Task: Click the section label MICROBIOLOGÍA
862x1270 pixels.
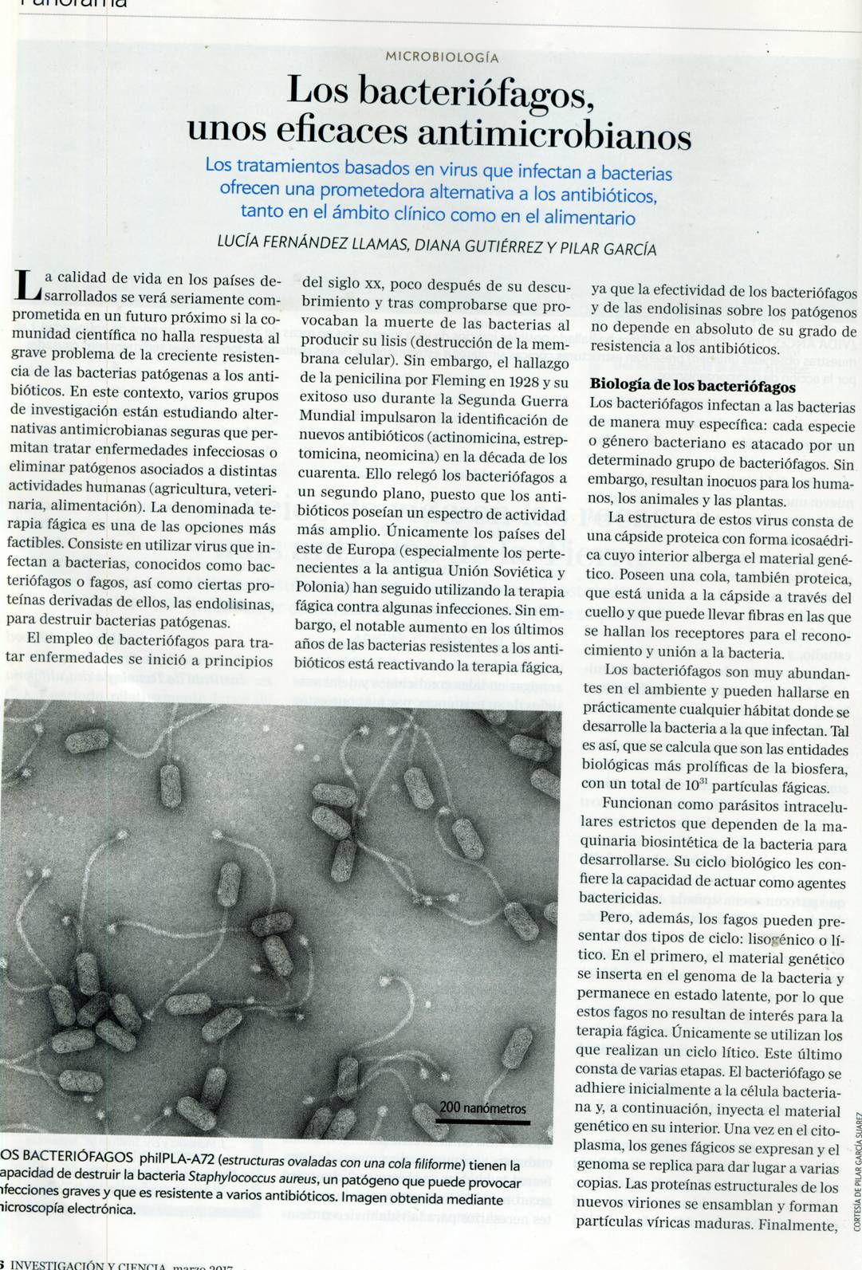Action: (441, 57)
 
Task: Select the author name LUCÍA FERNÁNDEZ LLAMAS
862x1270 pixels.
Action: (313, 242)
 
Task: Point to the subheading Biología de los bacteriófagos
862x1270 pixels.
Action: (692, 386)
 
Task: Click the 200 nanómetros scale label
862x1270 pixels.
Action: (482, 1108)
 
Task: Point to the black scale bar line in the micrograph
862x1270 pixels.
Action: (482, 1121)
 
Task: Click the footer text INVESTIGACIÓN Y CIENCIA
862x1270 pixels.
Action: (88, 1265)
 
